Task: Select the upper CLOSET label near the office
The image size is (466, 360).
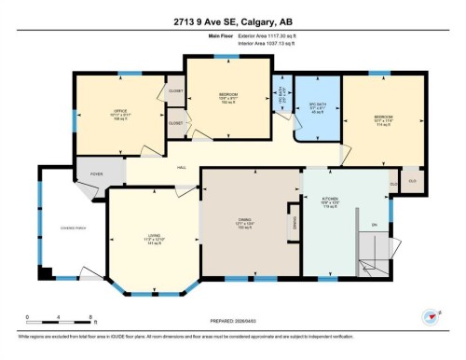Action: [x=175, y=91]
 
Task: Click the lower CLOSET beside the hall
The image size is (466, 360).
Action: [x=175, y=123]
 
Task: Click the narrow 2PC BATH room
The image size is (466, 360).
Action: [x=282, y=95]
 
